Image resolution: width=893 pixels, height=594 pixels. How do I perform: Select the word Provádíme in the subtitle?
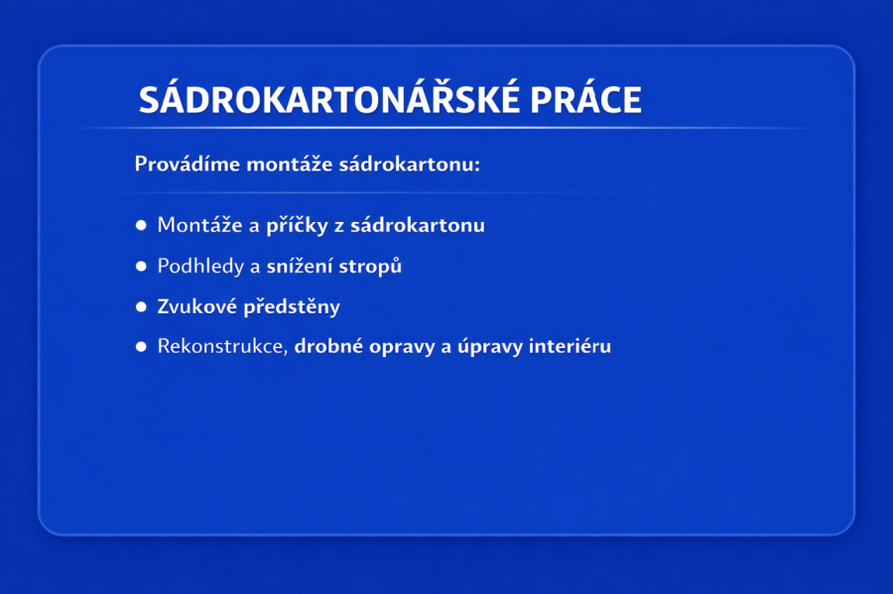point(188,164)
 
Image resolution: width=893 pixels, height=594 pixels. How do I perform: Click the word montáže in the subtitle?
point(290,164)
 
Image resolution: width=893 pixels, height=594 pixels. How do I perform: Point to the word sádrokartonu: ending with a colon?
point(410,164)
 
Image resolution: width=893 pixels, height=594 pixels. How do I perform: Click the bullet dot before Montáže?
point(141,225)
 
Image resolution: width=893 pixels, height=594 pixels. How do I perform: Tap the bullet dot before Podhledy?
point(141,267)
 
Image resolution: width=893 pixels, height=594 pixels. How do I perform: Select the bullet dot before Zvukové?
point(141,307)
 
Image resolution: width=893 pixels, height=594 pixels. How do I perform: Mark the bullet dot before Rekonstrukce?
point(141,346)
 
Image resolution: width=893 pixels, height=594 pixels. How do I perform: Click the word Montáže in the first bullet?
point(199,225)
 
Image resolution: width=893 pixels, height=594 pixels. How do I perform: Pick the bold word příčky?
point(298,225)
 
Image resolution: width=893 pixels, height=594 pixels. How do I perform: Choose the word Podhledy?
point(200,267)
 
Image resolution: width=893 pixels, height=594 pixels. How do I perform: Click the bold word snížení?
point(300,266)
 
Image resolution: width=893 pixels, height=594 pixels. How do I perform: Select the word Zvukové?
point(197,306)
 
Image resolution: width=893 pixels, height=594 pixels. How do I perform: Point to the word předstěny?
point(292,306)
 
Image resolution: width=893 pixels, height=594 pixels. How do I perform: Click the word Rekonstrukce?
point(222,346)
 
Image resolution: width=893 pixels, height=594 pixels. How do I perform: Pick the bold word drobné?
point(328,346)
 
